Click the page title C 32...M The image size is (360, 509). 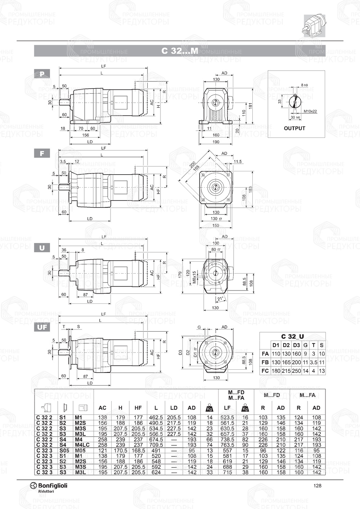pyautogui.click(x=180, y=51)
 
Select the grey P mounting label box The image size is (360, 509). pyautogui.click(x=42, y=74)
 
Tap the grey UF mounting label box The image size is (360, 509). pyautogui.click(x=42, y=327)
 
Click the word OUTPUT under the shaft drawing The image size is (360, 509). pyautogui.click(x=294, y=128)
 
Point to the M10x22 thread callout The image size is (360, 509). pyautogui.click(x=310, y=111)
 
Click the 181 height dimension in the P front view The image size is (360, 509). pyautogui.click(x=251, y=105)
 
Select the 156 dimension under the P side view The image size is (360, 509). pyautogui.click(x=85, y=135)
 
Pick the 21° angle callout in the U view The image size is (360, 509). pyautogui.click(x=221, y=298)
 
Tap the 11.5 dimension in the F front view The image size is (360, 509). pyautogui.click(x=238, y=162)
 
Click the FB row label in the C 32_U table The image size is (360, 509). pyautogui.click(x=265, y=362)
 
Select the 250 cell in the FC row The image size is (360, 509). pyautogui.click(x=296, y=371)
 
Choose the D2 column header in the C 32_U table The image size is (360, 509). pyautogui.click(x=286, y=345)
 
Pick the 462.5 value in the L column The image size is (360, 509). pyautogui.click(x=156, y=418)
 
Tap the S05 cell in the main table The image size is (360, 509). pyautogui.click(x=64, y=450)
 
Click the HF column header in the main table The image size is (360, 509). pyautogui.click(x=138, y=408)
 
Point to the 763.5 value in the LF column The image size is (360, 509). pyautogui.click(x=227, y=445)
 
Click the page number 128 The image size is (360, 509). pyautogui.click(x=317, y=486)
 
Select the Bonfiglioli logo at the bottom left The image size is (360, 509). pyautogui.click(x=49, y=487)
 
